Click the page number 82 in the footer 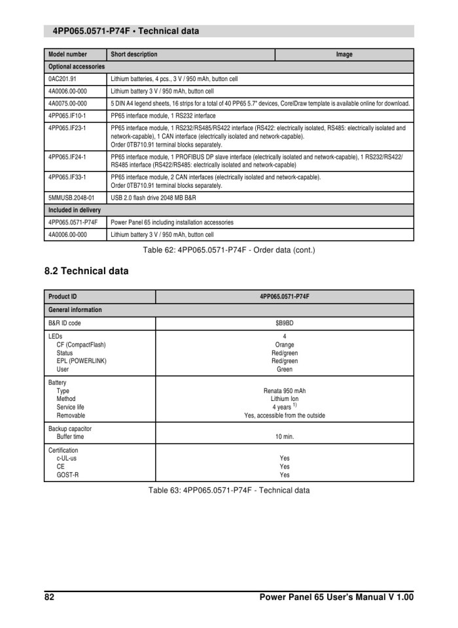tap(50, 597)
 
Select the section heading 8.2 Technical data tap(86, 271)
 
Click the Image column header tap(344, 54)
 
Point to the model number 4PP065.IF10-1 tap(67, 115)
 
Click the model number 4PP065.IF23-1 tap(67, 128)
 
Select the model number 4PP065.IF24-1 tap(67, 157)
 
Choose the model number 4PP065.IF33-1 tap(67, 177)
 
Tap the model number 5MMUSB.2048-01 tap(71, 197)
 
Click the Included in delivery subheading tap(75, 210)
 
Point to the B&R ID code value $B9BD tap(285, 323)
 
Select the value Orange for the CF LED tap(285, 345)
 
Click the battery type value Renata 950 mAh tap(285, 391)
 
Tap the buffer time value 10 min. tap(285, 436)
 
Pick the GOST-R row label tap(67, 475)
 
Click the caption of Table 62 tap(228, 249)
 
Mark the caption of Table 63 tap(228, 490)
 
